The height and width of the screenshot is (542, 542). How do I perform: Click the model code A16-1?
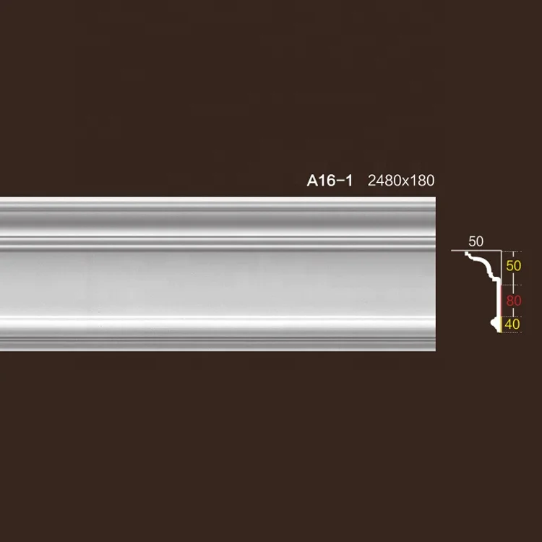[330, 181]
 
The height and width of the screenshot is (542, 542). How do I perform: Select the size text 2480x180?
[401, 181]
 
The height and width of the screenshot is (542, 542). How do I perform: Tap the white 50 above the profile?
[476, 241]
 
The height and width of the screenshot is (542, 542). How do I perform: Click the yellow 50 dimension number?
[513, 266]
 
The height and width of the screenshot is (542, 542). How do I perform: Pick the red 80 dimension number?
[513, 300]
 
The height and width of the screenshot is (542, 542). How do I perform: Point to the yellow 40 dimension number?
[512, 324]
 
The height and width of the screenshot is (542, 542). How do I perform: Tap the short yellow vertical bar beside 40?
[501, 324]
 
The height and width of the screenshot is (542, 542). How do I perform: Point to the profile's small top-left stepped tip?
[467, 254]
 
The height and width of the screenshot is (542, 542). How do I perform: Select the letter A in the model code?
[313, 181]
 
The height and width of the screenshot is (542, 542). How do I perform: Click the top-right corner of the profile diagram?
[501, 251]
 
